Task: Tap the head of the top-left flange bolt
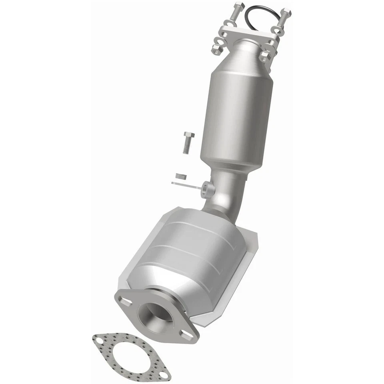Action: [x=238, y=6]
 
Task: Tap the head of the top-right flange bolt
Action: [x=286, y=12]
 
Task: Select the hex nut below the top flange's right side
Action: [x=265, y=57]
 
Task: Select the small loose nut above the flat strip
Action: [x=181, y=176]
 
